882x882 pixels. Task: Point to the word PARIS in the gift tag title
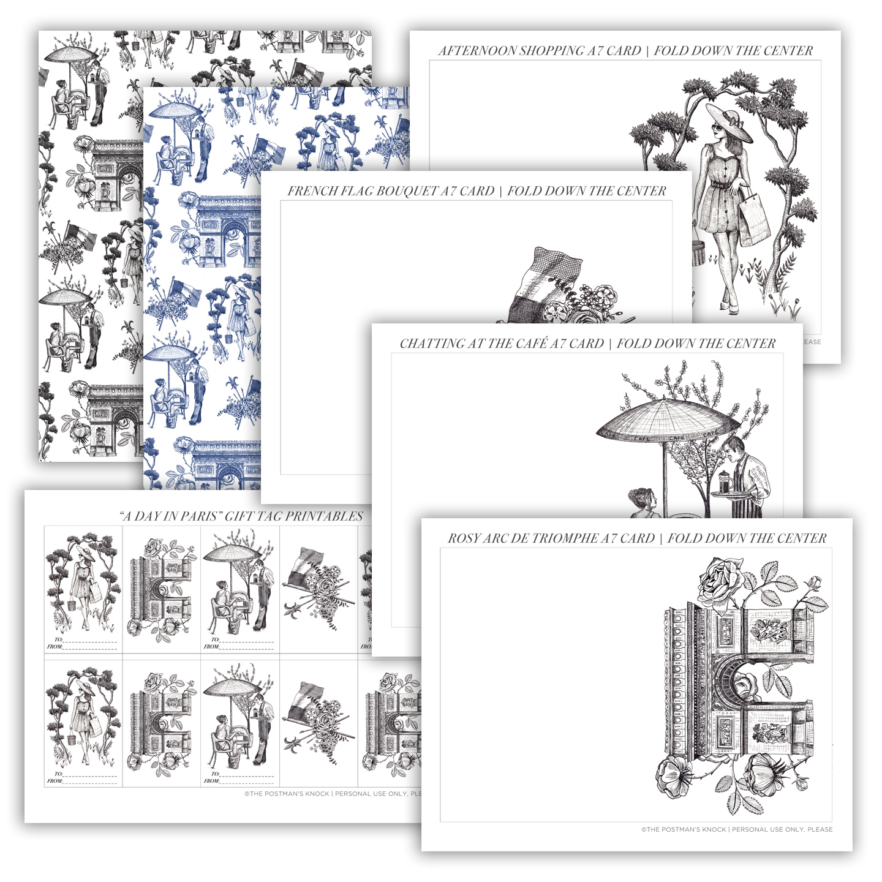pyautogui.click(x=198, y=516)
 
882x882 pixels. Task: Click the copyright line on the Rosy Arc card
pyautogui.click(x=737, y=829)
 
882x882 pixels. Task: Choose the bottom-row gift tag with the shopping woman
pyautogui.click(x=83, y=723)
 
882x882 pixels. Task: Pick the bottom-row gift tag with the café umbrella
pyautogui.click(x=240, y=723)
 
